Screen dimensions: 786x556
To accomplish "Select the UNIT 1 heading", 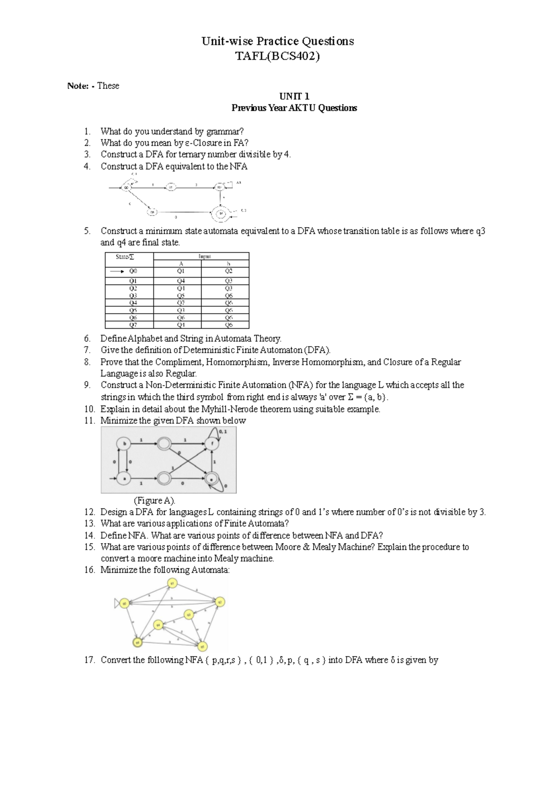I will (294, 96).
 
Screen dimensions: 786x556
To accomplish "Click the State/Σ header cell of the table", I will (129, 256).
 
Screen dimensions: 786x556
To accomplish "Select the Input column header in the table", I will (202, 256).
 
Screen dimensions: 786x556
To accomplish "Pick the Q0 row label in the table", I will (133, 272).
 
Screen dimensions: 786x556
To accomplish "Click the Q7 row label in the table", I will (133, 325).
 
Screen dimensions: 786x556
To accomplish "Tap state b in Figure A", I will (124, 444).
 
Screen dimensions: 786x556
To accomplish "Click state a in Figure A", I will (124, 478).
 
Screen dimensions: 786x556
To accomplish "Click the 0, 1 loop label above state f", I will (223, 431).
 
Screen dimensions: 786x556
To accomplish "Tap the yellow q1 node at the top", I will (172, 584).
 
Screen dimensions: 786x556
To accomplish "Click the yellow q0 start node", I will (124, 603).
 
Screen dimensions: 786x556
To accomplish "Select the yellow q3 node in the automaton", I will (188, 615).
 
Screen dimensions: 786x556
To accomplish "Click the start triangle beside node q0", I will (117, 603).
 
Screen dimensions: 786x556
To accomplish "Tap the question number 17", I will (89, 660).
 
